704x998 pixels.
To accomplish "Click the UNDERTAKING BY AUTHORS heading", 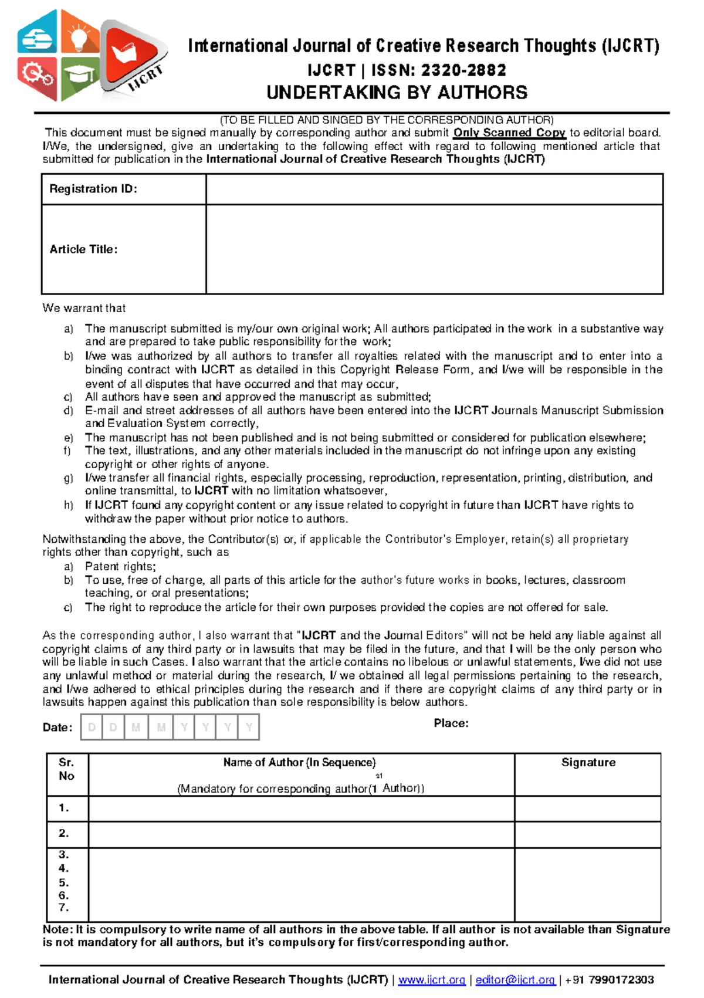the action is [x=397, y=93].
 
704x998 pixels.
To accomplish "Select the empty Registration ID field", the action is [x=434, y=189].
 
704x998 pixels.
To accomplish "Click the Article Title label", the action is [x=83, y=249].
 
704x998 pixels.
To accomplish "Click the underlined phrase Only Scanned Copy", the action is [x=509, y=133].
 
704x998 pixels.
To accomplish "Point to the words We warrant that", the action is [x=84, y=308].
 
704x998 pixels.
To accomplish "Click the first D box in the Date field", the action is [x=92, y=728].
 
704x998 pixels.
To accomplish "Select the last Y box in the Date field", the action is [x=249, y=728].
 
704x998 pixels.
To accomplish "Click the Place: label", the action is [x=451, y=723].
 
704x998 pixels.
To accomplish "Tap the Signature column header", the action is [x=588, y=763].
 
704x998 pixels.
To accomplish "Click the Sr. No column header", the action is [x=66, y=769].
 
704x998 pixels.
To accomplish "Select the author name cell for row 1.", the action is [x=301, y=808].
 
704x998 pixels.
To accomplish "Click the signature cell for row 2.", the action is [x=588, y=834].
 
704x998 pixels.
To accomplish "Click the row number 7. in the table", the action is [x=64, y=908].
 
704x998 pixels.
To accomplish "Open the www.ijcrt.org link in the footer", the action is [x=432, y=980].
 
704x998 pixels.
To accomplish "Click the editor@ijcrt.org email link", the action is [x=515, y=980].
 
